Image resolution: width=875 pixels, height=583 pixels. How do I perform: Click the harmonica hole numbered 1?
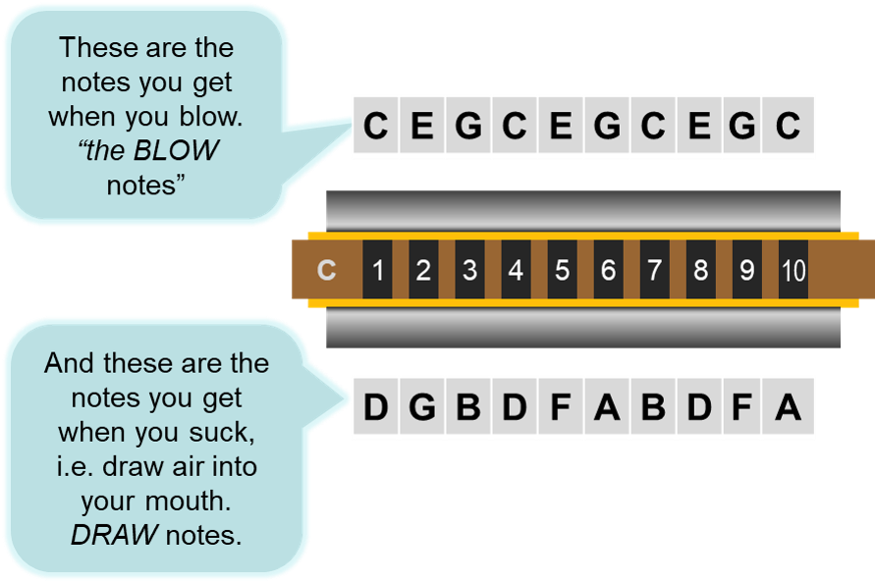(x=377, y=270)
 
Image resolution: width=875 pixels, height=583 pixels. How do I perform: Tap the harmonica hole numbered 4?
(x=516, y=270)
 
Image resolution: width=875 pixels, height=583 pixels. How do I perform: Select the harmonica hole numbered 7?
(x=654, y=270)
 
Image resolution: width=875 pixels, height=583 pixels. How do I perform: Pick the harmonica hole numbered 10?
(x=793, y=270)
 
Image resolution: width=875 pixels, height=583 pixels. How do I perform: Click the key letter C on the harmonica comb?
(x=327, y=270)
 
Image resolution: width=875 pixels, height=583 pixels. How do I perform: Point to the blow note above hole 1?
(x=375, y=127)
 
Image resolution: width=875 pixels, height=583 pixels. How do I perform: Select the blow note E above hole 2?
(x=421, y=127)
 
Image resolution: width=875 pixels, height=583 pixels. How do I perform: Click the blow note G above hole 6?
(x=607, y=127)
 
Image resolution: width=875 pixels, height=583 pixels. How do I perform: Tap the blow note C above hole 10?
(x=789, y=127)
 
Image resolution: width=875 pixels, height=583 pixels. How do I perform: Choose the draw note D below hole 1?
(x=375, y=407)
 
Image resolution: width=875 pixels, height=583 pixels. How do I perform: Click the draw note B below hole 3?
(x=468, y=407)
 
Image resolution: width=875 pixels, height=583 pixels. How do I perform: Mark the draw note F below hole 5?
(x=561, y=407)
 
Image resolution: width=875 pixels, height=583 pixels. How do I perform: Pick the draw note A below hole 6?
(x=607, y=407)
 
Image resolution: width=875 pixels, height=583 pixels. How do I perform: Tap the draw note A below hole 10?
(x=789, y=407)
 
